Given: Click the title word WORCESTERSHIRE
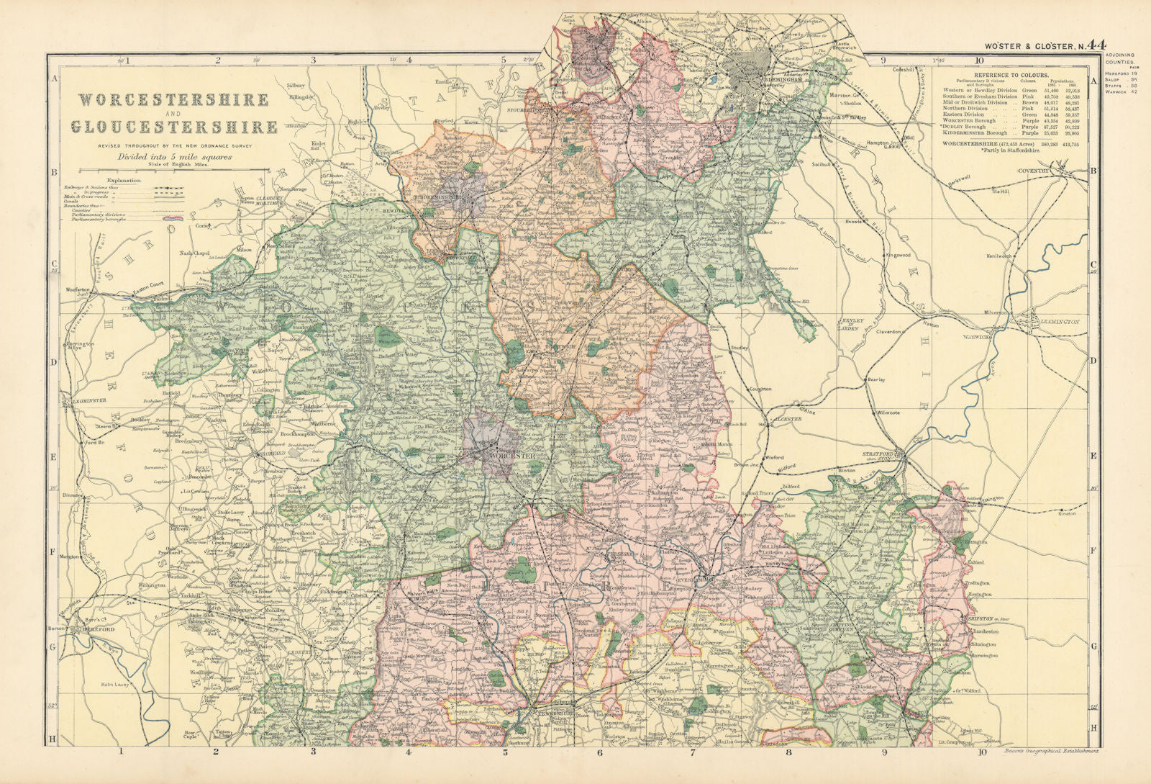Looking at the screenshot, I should (173, 100).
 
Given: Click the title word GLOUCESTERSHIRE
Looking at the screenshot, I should (174, 127).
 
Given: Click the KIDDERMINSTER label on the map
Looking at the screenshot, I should (440, 196).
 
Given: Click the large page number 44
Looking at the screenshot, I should (1096, 45).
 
